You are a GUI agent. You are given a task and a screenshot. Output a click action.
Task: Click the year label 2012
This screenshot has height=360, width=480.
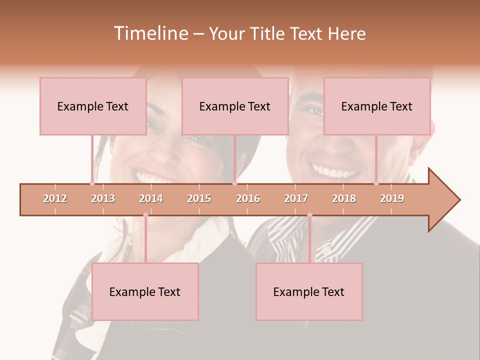pyautogui.click(x=55, y=198)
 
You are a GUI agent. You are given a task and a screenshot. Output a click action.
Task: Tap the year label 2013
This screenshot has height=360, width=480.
pyautogui.click(x=103, y=198)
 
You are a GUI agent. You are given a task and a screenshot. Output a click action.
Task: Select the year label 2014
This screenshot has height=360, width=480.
pyautogui.click(x=151, y=198)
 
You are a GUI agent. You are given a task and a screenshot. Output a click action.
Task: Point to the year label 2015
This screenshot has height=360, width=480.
pyautogui.click(x=199, y=198)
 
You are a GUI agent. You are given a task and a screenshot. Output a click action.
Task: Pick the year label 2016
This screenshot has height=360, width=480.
pyautogui.click(x=248, y=198)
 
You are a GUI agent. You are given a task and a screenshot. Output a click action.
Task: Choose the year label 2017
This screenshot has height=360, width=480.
pyautogui.click(x=296, y=198)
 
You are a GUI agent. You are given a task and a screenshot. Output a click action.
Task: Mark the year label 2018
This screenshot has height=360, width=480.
pyautogui.click(x=344, y=198)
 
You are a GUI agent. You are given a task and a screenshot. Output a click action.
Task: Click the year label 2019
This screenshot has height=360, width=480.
pyautogui.click(x=392, y=198)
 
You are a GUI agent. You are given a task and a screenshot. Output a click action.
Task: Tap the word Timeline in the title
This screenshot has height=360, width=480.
pyautogui.click(x=149, y=33)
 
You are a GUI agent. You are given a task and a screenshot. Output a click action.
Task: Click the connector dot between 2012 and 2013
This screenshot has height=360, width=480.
pyautogui.click(x=92, y=183)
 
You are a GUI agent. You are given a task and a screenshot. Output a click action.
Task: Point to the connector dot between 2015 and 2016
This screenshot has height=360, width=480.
pyautogui.click(x=234, y=183)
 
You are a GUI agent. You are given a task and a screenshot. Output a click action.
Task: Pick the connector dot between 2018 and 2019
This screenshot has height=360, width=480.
pyautogui.click(x=376, y=183)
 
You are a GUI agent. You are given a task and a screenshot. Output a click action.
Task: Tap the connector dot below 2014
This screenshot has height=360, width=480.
pyautogui.click(x=145, y=215)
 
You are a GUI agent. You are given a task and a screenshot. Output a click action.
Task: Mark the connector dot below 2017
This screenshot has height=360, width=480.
pyautogui.click(x=309, y=215)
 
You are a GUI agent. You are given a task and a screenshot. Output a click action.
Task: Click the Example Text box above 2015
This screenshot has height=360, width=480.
pyautogui.click(x=235, y=106)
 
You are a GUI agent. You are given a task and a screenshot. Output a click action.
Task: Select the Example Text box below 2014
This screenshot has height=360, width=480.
pyautogui.click(x=145, y=291)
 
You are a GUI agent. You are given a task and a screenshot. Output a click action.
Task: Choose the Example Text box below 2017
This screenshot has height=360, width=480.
pyautogui.click(x=309, y=291)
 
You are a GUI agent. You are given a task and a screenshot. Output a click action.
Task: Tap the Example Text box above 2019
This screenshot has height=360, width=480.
pyautogui.click(x=377, y=106)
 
